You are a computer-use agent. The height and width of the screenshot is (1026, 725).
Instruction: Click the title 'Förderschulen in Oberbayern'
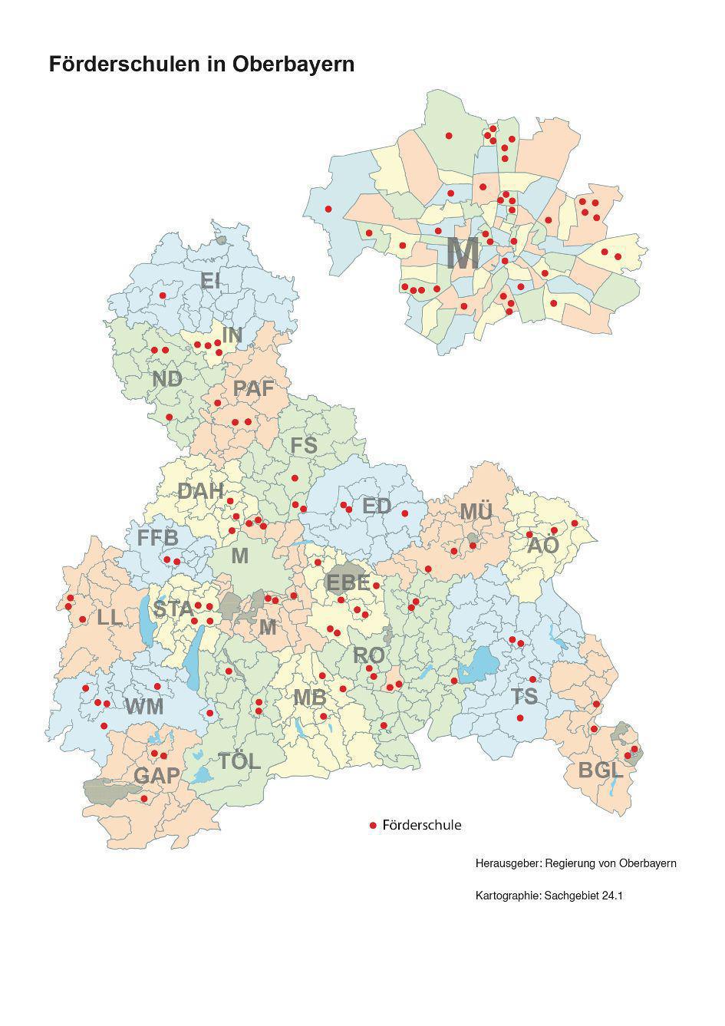tap(202, 64)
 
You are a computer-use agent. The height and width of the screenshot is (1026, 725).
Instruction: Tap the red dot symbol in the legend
tap(373, 826)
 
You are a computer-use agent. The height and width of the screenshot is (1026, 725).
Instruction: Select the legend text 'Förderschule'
tap(421, 826)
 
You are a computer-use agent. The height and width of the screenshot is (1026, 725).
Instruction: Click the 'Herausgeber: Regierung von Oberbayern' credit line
tap(575, 863)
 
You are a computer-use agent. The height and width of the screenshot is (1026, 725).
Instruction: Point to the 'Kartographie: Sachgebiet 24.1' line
tap(549, 896)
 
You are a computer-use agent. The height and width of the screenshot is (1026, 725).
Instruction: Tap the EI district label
tap(210, 281)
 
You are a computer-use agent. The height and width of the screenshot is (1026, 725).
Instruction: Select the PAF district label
tap(253, 389)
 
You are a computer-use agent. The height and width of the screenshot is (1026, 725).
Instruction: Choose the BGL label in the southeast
tap(598, 770)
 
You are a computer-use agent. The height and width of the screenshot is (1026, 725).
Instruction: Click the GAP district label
tap(157, 776)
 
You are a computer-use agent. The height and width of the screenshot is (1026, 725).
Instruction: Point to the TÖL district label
tap(239, 762)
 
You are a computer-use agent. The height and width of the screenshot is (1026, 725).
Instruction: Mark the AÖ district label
tap(543, 546)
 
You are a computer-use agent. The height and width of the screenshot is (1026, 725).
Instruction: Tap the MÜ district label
tap(476, 512)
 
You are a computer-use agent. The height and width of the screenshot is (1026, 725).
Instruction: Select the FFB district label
tap(158, 538)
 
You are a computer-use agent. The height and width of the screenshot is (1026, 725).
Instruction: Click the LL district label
tap(109, 617)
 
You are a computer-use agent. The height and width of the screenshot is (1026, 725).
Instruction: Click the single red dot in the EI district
tap(163, 295)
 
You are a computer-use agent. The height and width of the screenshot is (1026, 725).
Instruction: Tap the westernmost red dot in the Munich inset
tap(328, 209)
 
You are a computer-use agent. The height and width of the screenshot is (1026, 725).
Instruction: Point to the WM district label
tap(144, 707)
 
